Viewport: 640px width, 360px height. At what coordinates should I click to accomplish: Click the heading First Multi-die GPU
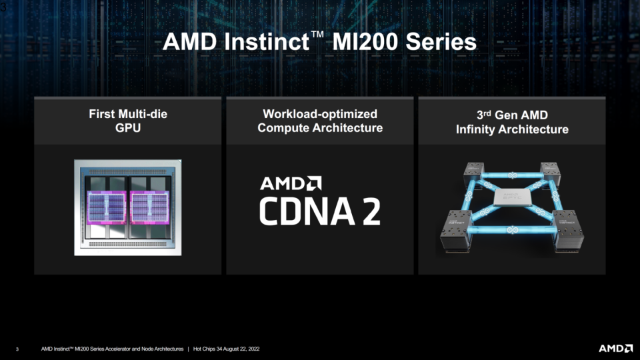128,121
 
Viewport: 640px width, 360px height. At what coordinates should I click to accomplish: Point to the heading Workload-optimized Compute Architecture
320,121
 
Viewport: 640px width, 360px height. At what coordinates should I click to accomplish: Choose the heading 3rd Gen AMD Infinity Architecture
512,121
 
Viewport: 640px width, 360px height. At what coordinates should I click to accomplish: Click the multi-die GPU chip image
128,207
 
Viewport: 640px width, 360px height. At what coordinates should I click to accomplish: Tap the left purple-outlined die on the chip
107,206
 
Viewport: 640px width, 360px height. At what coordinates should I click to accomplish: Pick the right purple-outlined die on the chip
149,206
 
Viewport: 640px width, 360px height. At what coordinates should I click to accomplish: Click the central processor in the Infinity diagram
511,198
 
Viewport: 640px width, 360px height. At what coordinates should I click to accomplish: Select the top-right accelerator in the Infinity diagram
551,172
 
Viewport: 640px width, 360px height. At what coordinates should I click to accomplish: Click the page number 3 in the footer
17,349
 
